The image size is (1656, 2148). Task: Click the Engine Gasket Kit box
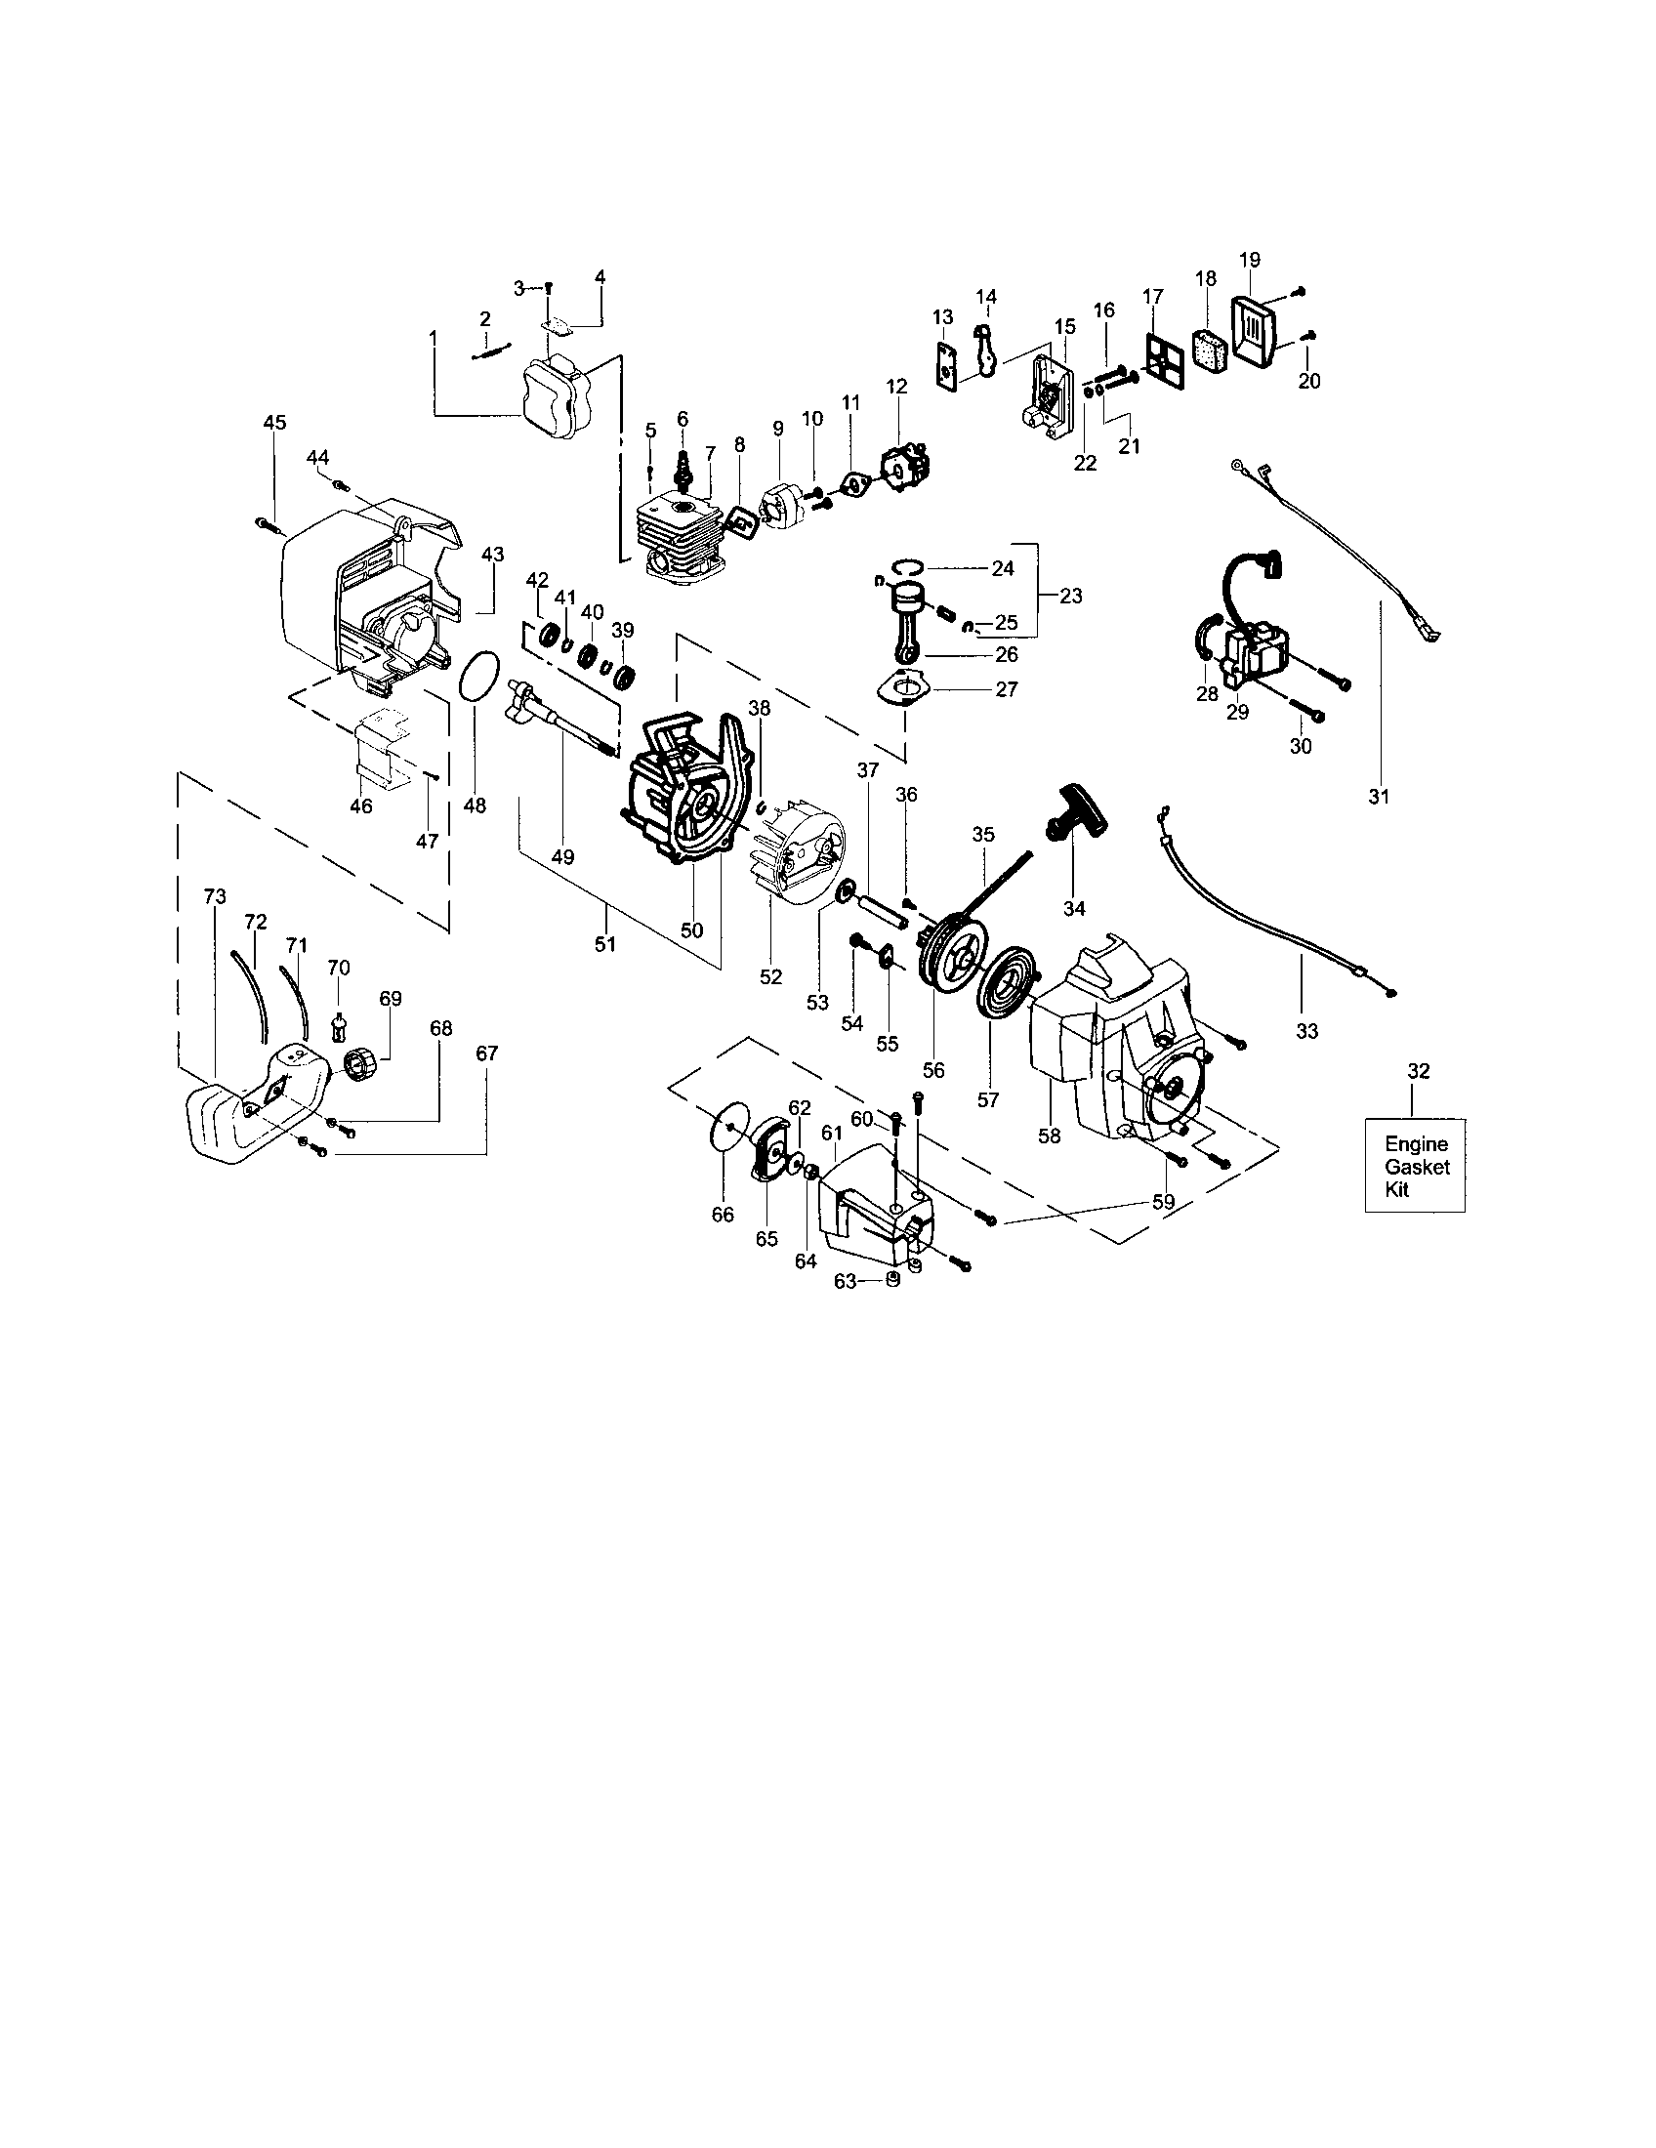tap(1415, 1166)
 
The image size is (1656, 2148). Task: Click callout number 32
tap(1418, 1071)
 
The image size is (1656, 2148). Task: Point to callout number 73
tap(215, 896)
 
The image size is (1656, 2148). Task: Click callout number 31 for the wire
tap(1379, 797)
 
